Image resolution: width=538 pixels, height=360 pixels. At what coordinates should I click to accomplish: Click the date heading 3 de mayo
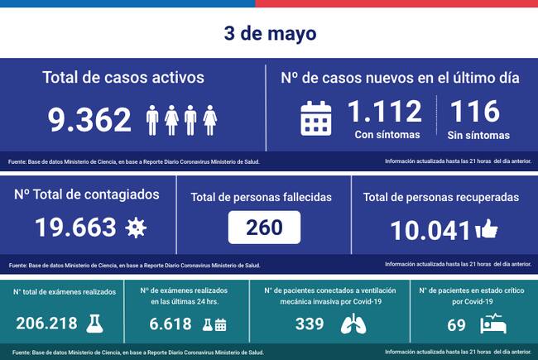click(269, 34)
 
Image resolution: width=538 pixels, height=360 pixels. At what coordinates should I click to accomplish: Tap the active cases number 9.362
click(89, 119)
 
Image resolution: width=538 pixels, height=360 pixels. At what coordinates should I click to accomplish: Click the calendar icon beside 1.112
click(315, 118)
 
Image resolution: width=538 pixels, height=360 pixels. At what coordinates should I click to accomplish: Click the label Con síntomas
click(387, 135)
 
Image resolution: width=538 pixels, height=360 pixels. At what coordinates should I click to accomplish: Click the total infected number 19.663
click(73, 227)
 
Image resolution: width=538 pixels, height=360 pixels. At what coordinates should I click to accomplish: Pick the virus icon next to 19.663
click(135, 228)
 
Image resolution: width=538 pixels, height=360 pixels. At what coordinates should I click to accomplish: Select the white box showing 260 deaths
click(264, 226)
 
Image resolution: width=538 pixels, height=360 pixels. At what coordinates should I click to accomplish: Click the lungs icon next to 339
click(357, 324)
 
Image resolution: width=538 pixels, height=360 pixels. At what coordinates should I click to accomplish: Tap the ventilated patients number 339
click(309, 323)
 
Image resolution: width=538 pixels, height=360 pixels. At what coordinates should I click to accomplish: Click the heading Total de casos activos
click(124, 78)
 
